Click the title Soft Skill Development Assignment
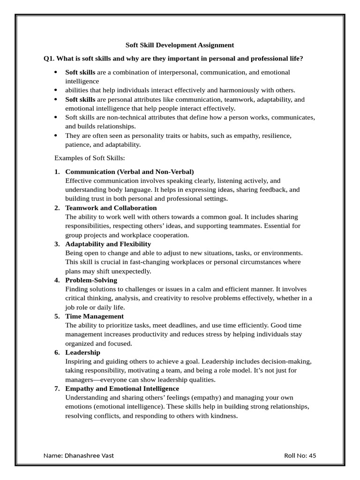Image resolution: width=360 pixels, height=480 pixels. [x=180, y=45]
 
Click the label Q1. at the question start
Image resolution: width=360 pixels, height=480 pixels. [x=49, y=59]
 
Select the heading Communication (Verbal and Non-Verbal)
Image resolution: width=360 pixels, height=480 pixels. [x=129, y=172]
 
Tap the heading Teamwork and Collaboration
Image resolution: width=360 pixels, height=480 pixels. [x=111, y=208]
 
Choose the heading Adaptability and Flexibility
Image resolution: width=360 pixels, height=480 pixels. [x=108, y=244]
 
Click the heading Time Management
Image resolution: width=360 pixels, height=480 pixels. [x=95, y=316]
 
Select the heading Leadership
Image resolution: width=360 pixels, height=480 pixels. [x=83, y=352]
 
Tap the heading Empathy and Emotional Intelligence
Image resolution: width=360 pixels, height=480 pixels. [x=122, y=389]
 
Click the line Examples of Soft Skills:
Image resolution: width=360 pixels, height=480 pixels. [x=90, y=158]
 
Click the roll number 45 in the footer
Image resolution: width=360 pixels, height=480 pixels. [x=313, y=456]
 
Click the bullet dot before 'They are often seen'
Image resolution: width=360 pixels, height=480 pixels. [x=56, y=135]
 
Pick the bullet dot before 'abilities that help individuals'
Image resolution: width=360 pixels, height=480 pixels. [x=56, y=90]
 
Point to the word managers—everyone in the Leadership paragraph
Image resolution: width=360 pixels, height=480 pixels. [x=99, y=380]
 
